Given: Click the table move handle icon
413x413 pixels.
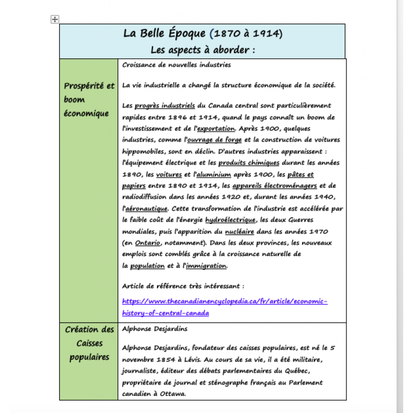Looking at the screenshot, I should tap(55, 20).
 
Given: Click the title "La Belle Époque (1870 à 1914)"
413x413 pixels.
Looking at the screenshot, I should tap(202, 34).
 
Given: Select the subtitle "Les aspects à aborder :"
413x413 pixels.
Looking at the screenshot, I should tap(202, 50).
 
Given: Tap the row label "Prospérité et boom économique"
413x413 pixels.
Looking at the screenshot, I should tap(89, 100).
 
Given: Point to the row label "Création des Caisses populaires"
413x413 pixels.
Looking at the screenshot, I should tap(89, 343).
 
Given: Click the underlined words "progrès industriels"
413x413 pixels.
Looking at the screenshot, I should tap(165, 106).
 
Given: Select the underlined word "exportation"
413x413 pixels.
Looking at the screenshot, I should tap(216, 129).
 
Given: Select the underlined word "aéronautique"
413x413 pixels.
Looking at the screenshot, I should tap(146, 209).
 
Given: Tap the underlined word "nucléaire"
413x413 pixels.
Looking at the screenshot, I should tap(254, 231).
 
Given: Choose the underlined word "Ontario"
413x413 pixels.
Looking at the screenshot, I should tap(147, 243).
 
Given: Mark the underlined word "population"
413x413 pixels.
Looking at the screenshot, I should tap(147, 266).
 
